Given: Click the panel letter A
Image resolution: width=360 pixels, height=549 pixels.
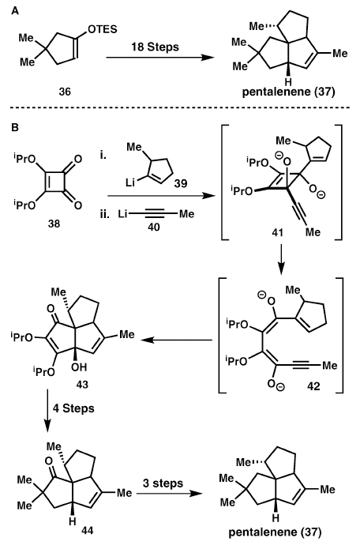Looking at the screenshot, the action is (15, 11).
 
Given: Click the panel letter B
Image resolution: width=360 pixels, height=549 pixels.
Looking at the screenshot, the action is (15, 127).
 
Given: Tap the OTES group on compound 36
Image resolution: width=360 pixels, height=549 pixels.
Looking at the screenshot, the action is (103, 29).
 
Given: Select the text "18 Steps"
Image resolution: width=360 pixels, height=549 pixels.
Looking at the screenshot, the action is (155, 47).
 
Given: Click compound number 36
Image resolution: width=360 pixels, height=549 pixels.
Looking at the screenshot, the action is (65, 92).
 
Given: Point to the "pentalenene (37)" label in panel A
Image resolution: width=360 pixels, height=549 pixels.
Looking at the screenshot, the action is (289, 92).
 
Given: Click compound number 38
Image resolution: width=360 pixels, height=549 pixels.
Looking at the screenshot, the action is (54, 224).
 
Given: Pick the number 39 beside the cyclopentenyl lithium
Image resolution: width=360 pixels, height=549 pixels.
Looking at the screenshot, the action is (181, 182).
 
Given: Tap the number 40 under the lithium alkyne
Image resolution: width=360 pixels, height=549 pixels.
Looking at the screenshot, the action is (154, 227).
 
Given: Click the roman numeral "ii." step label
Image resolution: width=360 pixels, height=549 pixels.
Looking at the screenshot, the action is (104, 214).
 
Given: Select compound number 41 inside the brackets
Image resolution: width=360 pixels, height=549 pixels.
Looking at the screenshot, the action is (277, 232).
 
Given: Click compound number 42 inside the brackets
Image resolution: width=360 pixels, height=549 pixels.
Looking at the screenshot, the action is (313, 385).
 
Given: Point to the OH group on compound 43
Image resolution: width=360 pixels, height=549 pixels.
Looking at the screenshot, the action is (79, 367).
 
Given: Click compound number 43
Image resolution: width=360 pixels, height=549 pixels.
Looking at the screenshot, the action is (82, 385).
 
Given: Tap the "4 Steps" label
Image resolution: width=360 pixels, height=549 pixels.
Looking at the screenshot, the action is (74, 408).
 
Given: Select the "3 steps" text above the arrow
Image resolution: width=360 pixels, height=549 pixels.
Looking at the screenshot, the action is (163, 483).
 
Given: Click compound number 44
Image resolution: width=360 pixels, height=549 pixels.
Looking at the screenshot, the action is (87, 531).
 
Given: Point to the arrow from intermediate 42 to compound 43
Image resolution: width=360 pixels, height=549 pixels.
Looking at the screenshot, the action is (177, 340).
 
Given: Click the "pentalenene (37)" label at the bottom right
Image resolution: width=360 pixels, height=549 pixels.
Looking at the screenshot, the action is (275, 532).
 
